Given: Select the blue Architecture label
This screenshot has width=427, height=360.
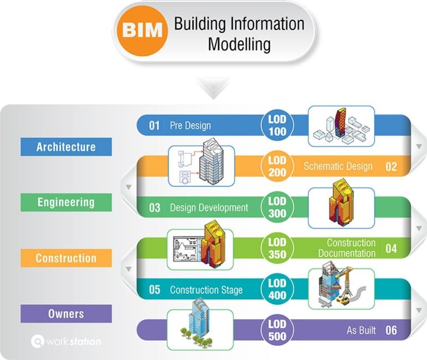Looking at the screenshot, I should (66, 147).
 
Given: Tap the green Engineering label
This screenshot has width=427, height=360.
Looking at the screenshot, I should (66, 202).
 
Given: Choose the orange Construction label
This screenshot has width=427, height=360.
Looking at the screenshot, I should (66, 258).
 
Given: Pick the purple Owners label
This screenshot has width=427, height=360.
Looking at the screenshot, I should (66, 313).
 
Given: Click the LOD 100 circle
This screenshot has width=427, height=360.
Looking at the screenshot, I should (277, 125).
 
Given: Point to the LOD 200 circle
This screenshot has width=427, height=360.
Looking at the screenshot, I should (277, 166).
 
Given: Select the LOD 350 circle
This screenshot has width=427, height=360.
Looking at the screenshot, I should (277, 248).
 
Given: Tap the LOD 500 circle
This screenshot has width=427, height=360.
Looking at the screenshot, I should (277, 330).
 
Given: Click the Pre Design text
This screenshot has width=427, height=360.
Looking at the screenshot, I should (190, 125).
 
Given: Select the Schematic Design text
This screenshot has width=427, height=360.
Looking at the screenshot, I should (338, 167).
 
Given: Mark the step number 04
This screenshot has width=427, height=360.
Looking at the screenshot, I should (391, 249).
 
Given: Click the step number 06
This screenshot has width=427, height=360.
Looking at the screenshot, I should (391, 330).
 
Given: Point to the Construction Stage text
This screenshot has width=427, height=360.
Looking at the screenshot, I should (206, 290).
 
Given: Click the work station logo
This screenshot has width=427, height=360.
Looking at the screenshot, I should (66, 342).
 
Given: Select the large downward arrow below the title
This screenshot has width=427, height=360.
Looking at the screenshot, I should (213, 89).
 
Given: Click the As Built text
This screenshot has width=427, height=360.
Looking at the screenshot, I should (361, 330).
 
